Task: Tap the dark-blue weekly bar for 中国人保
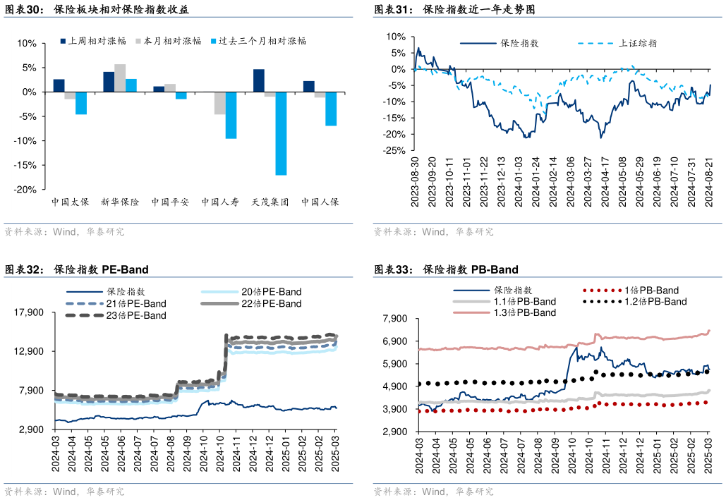pos(308,87)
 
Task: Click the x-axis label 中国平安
pos(170,202)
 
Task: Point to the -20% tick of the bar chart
pos(26,190)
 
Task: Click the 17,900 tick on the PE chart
pos(29,312)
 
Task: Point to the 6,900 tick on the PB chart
pos(394,341)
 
